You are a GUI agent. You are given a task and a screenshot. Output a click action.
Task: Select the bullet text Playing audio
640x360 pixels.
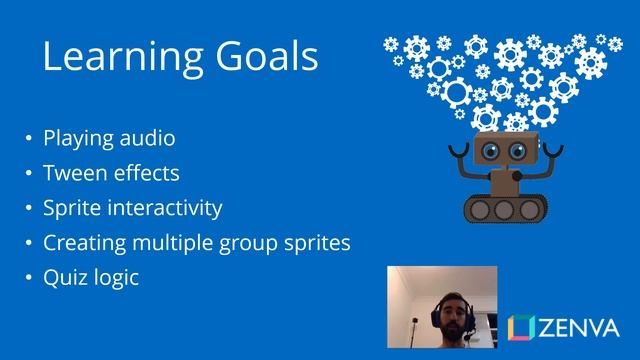coord(109,138)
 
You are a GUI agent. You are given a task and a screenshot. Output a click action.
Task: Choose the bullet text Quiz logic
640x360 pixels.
coord(91,278)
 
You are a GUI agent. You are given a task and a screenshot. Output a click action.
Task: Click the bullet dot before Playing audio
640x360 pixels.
coord(29,139)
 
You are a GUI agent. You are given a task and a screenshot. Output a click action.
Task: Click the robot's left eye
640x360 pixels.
coord(491,151)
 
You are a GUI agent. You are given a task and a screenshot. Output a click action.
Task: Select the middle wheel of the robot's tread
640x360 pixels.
coord(504,208)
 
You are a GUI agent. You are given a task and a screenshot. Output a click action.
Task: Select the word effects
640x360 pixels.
coord(145,173)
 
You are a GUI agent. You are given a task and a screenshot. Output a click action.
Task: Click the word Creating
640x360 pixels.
coord(78,243)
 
